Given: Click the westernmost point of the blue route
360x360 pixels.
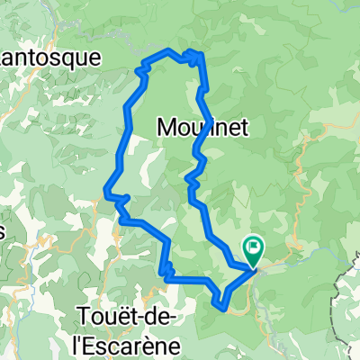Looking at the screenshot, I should [105, 192].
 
